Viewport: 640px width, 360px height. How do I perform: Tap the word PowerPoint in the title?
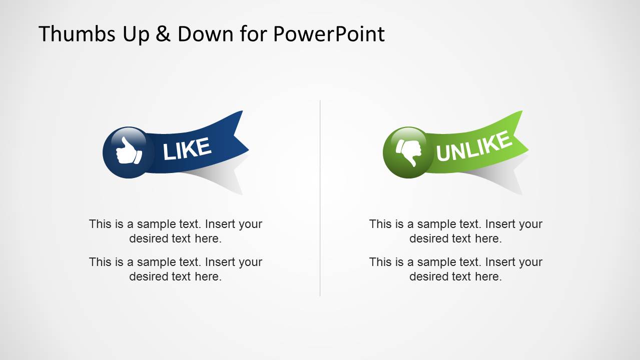pos(329,34)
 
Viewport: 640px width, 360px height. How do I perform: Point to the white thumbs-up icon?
pos(129,151)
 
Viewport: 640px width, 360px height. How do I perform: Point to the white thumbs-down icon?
pos(409,151)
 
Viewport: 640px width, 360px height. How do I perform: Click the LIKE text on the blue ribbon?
pos(187,149)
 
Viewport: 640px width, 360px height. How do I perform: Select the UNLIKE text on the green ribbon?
pos(473,146)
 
